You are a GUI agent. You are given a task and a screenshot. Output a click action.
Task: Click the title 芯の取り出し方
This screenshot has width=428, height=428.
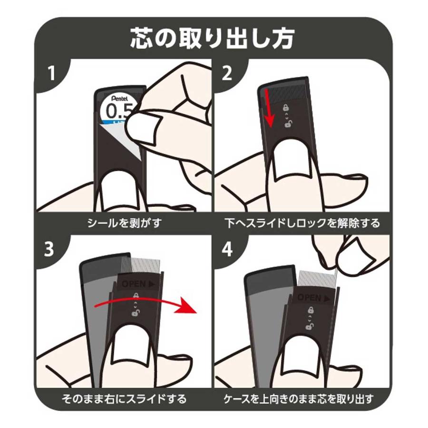[212, 39]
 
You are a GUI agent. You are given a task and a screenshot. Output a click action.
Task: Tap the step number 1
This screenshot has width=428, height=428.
[51, 73]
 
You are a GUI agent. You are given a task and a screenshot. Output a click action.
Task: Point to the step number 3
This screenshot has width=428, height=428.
[49, 249]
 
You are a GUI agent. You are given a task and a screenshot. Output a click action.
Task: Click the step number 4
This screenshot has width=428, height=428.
[227, 249]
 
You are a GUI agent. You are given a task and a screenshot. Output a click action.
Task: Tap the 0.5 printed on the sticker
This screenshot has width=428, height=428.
[119, 110]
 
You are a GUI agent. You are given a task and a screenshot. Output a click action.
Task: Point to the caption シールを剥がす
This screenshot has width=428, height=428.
[125, 223]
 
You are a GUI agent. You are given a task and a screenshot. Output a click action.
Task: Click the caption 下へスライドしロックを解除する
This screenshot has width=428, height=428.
[302, 223]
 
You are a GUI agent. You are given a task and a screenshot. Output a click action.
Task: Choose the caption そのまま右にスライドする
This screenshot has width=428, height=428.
[124, 399]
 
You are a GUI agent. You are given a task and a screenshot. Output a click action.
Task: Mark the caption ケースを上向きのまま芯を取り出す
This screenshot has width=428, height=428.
[299, 399]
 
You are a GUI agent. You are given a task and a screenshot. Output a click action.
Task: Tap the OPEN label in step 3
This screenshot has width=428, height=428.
[138, 284]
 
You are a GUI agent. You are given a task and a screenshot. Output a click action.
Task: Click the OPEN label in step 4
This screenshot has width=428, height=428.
[314, 298]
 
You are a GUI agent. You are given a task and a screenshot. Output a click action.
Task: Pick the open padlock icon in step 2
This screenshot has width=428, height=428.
[288, 124]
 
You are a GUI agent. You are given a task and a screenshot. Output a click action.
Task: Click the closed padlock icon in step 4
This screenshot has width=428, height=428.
[311, 310]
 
